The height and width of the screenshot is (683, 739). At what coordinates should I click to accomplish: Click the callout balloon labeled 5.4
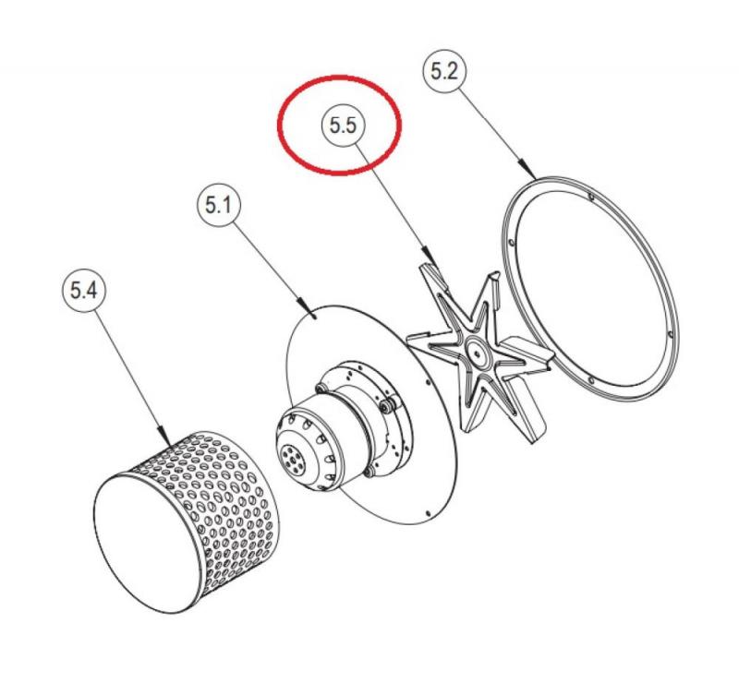point(83,290)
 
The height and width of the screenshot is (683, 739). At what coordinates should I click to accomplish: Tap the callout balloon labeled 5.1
point(219,206)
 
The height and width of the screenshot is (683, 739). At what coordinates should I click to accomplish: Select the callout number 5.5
point(343,126)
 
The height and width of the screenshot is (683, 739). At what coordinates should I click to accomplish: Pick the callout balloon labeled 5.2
point(443,72)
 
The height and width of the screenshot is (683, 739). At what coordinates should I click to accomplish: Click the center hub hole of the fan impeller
point(478,353)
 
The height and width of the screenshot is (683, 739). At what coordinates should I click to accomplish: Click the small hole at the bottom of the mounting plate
point(428,512)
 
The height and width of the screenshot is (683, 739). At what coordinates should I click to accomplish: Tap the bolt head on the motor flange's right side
point(387,406)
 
